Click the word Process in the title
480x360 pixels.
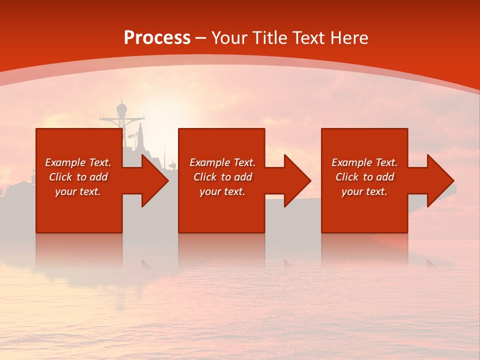click(x=157, y=38)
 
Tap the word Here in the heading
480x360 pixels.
click(x=348, y=38)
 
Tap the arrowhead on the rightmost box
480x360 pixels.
click(x=439, y=180)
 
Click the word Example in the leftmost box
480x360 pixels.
click(x=65, y=162)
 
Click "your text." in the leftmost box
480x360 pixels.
click(x=78, y=191)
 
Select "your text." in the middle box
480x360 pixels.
click(x=222, y=191)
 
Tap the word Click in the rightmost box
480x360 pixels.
click(x=348, y=177)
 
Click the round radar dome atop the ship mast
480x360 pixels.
click(x=121, y=108)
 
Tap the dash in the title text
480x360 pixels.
click(x=200, y=38)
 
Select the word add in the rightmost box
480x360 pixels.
click(x=384, y=177)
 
